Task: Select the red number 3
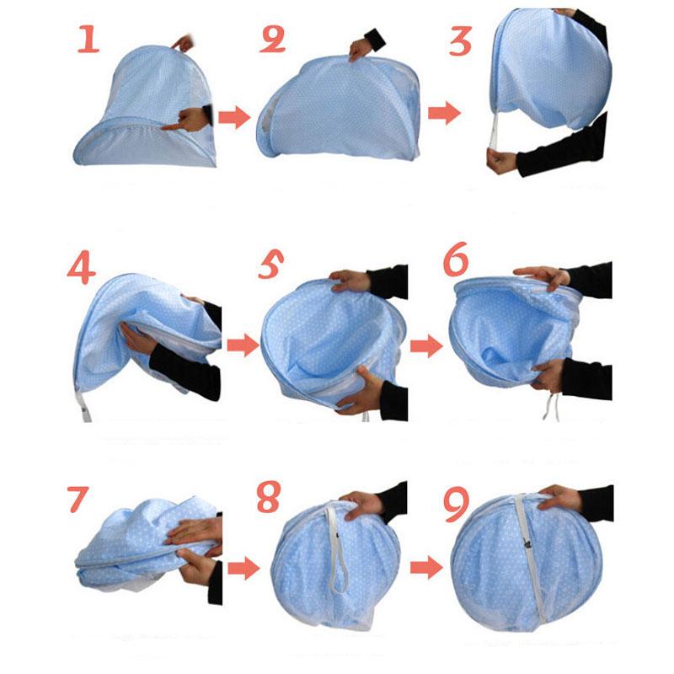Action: coord(460,40)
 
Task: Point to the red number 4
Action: coord(83,270)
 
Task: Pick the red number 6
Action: coord(456,263)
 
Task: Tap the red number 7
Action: coord(78,500)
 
